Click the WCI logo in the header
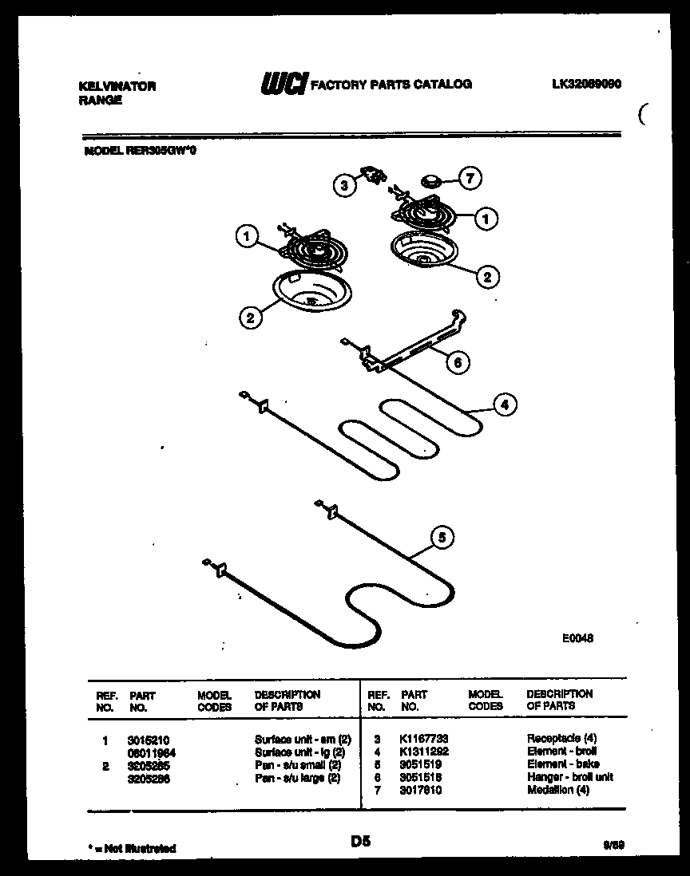point(282,83)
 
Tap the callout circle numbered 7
point(470,179)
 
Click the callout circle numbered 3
point(344,186)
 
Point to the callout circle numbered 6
point(458,362)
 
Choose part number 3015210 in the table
point(149,740)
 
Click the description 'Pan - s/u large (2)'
point(297,778)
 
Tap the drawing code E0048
point(577,638)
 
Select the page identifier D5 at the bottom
point(360,841)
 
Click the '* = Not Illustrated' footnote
point(131,848)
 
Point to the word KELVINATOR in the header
point(118,86)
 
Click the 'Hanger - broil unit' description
point(569,777)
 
